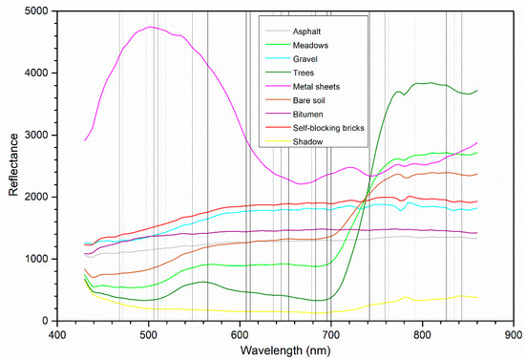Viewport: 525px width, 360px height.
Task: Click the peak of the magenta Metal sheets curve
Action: (150, 28)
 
